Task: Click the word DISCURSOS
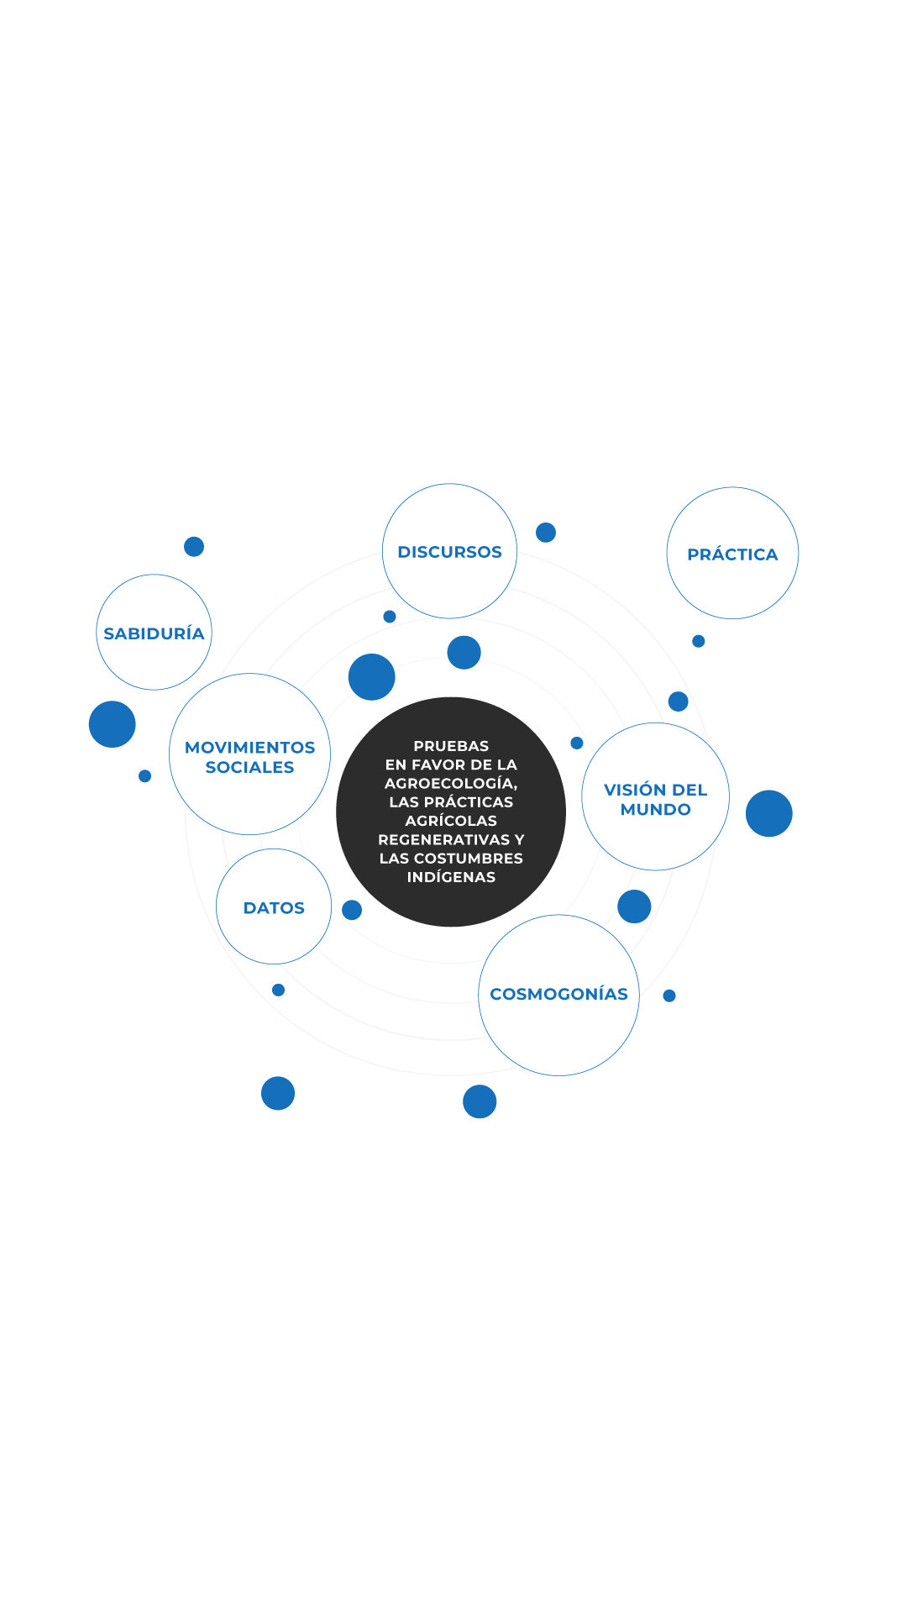[449, 552]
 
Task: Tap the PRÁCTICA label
[732, 554]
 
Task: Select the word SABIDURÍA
[154, 633]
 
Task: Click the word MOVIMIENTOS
[249, 748]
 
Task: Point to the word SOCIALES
[249, 767]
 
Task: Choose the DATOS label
[274, 908]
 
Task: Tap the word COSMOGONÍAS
[558, 994]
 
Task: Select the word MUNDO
[656, 810]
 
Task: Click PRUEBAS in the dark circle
[451, 746]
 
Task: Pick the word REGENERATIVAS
[444, 839]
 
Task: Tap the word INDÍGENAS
[451, 876]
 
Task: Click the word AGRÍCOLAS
[451, 820]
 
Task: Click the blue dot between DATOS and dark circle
[352, 910]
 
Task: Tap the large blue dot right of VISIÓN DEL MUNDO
[769, 813]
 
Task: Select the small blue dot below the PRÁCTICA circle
[698, 641]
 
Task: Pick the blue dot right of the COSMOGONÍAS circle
[669, 996]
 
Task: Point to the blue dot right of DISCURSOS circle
[546, 533]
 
